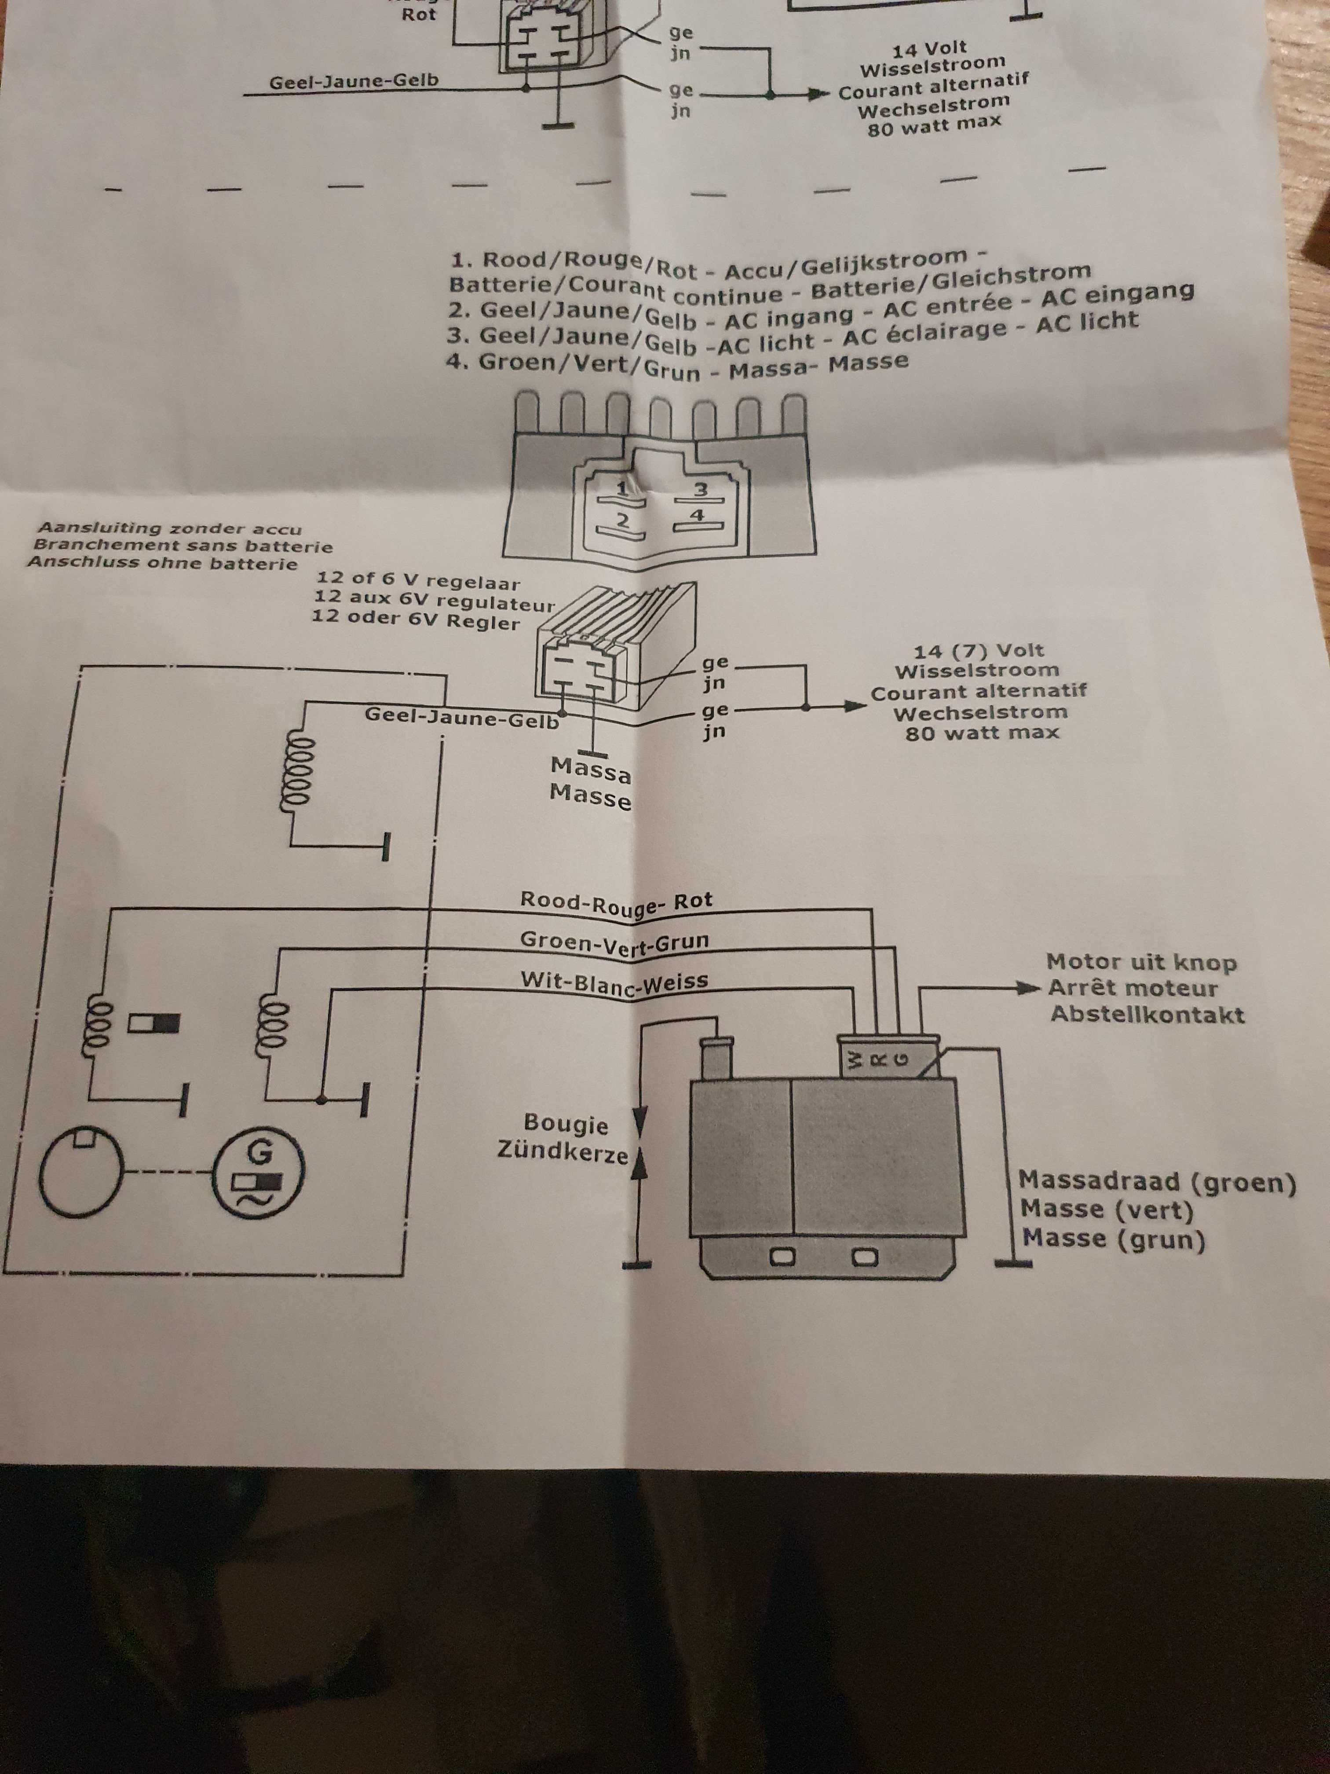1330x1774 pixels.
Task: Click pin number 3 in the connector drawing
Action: pyautogui.click(x=700, y=488)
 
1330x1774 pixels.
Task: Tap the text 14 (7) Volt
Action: pyautogui.click(x=979, y=650)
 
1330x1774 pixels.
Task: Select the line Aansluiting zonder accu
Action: pyautogui.click(x=170, y=528)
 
